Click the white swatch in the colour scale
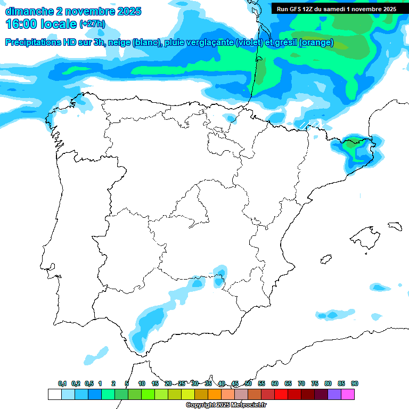click(54, 394)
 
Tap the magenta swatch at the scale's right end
click(348, 394)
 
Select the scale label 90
click(355, 383)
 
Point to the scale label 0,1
click(62, 383)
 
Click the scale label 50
click(248, 383)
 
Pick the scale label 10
click(142, 383)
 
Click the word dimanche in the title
click(27, 11)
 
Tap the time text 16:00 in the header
click(21, 24)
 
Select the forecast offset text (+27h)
click(92, 24)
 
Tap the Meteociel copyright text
click(226, 405)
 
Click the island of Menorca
click(394, 225)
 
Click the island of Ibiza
click(325, 259)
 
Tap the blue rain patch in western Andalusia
click(149, 322)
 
